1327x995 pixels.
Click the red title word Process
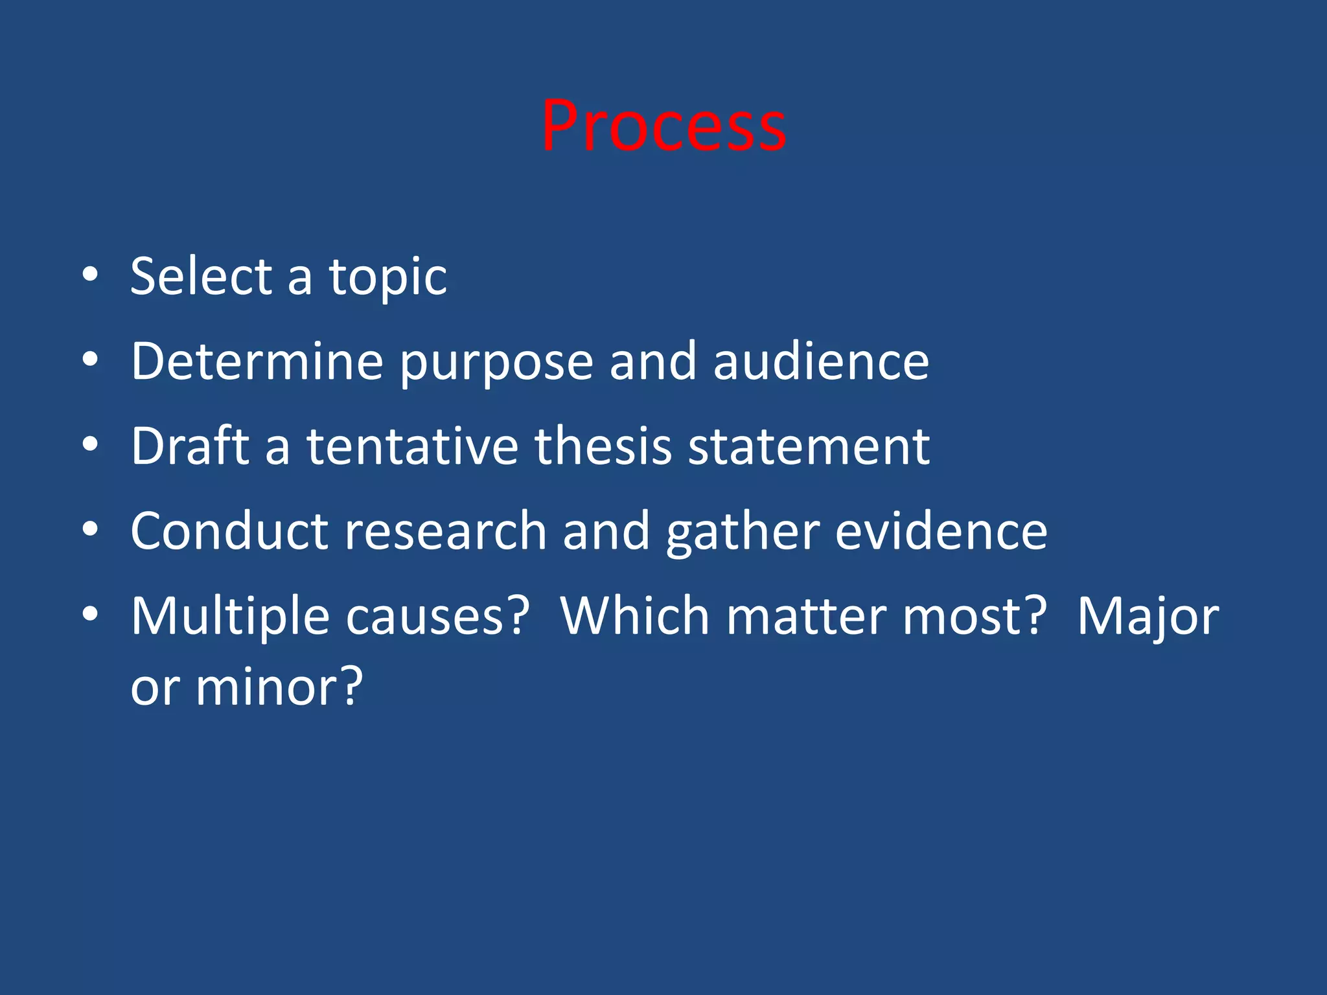[663, 127]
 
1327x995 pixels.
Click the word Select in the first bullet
[200, 277]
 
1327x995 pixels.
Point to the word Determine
[257, 361]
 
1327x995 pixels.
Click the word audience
[821, 361]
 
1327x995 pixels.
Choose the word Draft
[190, 446]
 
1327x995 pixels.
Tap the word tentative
[412, 446]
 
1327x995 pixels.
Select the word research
[445, 531]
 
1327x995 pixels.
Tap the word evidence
[941, 531]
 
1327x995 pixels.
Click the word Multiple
[230, 617]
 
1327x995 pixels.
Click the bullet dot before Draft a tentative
[90, 445]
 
